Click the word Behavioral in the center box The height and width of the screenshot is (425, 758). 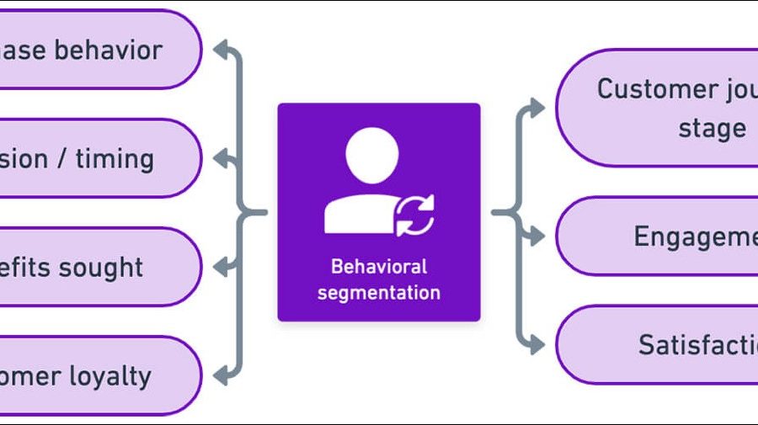pyautogui.click(x=378, y=267)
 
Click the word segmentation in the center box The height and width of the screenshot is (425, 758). pyautogui.click(x=378, y=293)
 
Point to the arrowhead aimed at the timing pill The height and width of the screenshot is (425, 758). pyautogui.click(x=221, y=157)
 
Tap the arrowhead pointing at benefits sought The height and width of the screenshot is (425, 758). pyautogui.click(x=221, y=267)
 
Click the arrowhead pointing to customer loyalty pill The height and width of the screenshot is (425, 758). pyautogui.click(x=221, y=375)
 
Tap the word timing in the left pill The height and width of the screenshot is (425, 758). pyautogui.click(x=115, y=158)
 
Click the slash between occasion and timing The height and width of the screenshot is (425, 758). pyautogui.click(x=62, y=158)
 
